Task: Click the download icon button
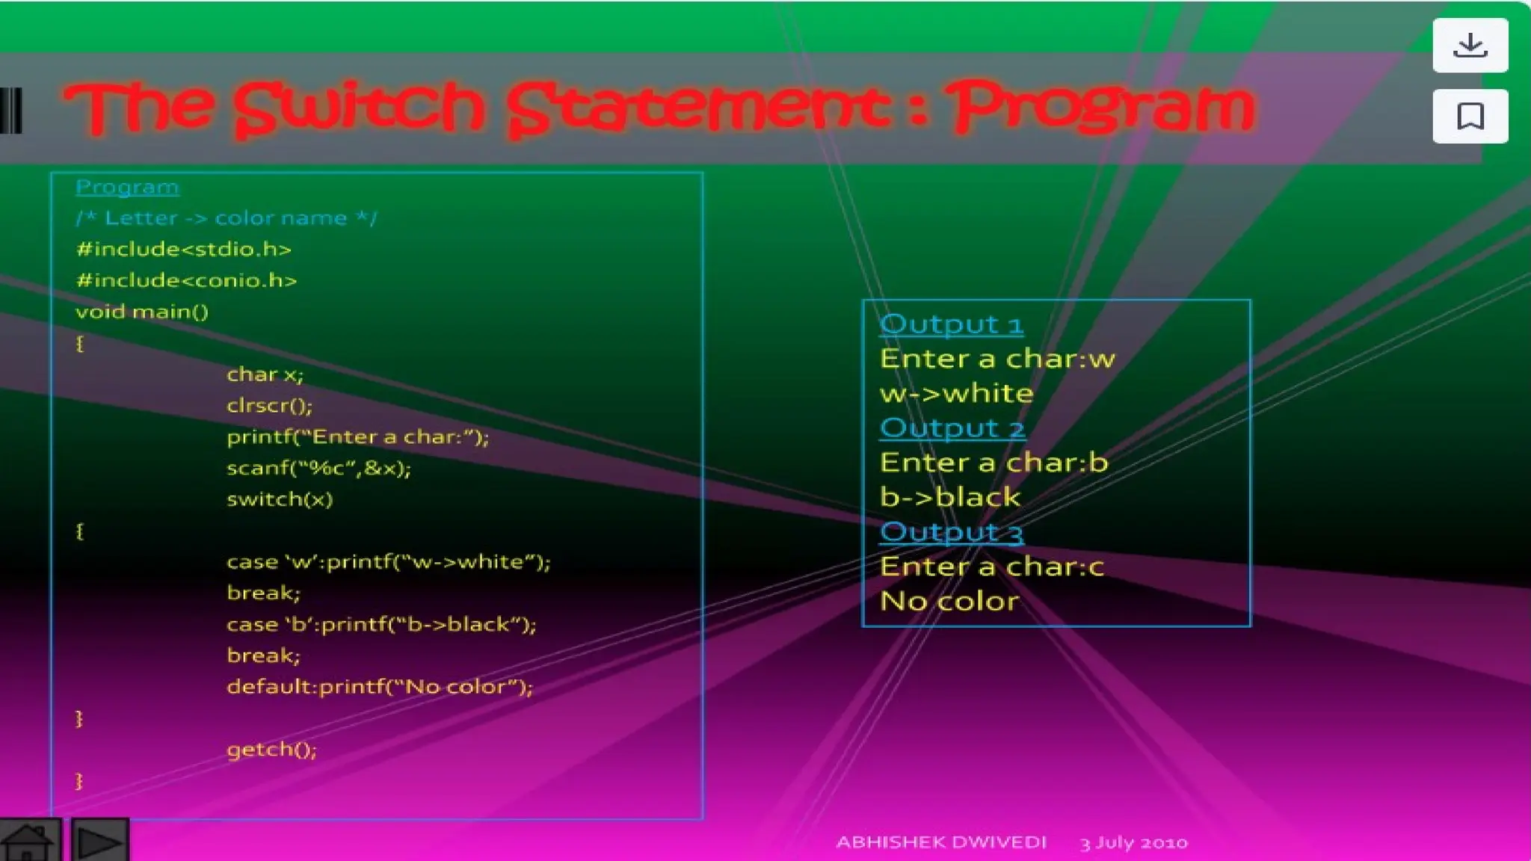point(1470,46)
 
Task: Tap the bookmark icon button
point(1470,117)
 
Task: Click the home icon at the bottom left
point(29,842)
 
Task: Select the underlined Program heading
point(127,187)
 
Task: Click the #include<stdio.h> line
point(184,249)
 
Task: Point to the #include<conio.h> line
point(187,280)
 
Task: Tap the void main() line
point(142,312)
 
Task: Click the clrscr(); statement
point(270,405)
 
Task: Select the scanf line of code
point(319,468)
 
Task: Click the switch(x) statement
point(280,499)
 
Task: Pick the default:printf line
point(380,686)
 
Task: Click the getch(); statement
point(272,749)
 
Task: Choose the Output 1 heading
point(951,324)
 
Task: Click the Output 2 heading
point(952,428)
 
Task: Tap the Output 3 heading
point(951,532)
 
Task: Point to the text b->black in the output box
point(950,497)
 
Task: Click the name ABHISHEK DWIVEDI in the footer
point(941,842)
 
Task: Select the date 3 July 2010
point(1133,843)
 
